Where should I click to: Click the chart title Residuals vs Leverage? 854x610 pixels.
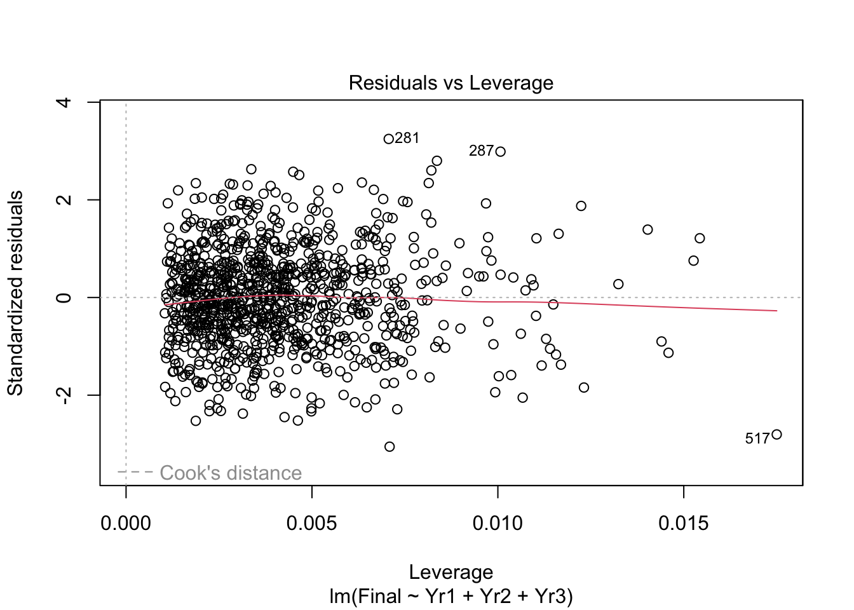(451, 83)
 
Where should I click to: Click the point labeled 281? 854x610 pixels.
(389, 139)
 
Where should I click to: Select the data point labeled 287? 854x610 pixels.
(501, 151)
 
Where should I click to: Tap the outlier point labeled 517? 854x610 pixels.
(776, 435)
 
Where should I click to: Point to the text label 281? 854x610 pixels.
(407, 138)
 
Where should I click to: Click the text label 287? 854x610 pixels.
(481, 151)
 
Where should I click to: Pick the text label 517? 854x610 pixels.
(757, 438)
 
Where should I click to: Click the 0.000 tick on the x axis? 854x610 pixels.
(126, 524)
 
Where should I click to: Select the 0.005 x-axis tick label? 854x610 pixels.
(312, 524)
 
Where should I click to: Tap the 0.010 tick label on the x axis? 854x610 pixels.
(498, 524)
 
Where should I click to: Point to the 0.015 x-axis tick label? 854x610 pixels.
(684, 524)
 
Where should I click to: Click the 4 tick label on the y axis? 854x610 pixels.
(64, 102)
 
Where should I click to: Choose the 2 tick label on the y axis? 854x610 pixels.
(64, 200)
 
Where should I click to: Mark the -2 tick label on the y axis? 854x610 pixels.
(64, 395)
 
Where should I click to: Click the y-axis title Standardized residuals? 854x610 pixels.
(15, 293)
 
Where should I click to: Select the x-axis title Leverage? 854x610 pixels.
(451, 572)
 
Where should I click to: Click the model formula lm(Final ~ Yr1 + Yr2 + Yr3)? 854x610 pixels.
(451, 597)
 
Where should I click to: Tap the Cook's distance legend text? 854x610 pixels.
(231, 473)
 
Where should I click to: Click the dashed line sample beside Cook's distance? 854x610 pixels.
(135, 472)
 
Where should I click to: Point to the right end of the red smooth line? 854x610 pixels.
(776, 311)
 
